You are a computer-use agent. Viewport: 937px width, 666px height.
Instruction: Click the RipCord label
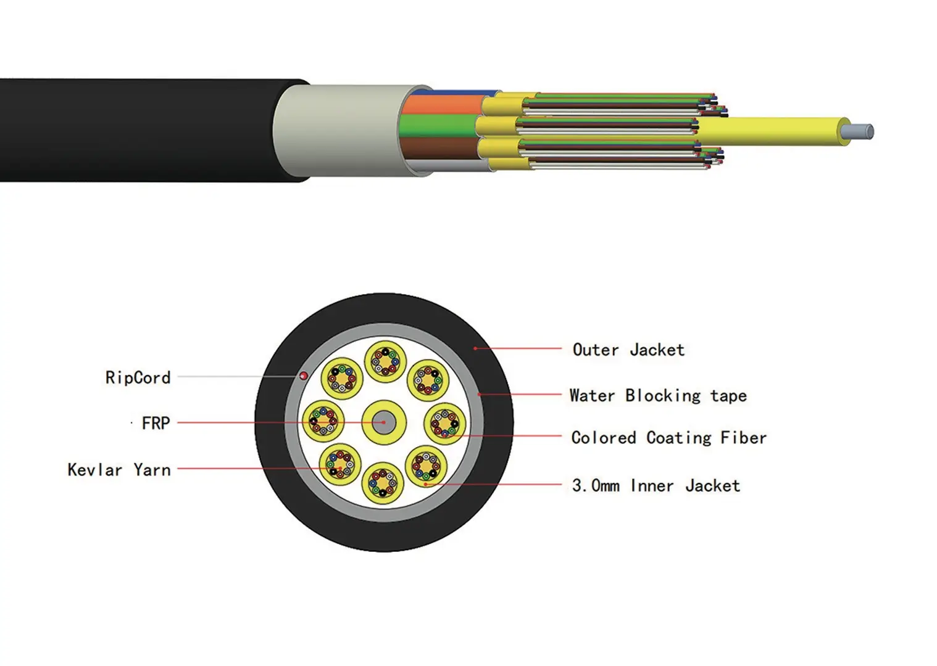pos(138,377)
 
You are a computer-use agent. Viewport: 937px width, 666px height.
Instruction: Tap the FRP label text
pos(156,423)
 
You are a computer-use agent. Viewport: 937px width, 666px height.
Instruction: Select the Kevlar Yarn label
pos(119,470)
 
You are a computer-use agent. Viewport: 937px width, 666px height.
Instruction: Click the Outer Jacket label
pos(628,350)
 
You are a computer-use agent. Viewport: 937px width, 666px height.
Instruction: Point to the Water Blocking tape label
pos(657,395)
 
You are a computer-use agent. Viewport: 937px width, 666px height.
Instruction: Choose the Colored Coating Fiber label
pos(668,438)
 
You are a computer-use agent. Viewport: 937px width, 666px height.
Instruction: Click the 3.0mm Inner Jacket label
pos(656,486)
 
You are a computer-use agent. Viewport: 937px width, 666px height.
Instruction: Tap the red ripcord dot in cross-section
pos(304,376)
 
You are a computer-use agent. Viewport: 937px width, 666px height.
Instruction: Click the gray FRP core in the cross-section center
pos(383,422)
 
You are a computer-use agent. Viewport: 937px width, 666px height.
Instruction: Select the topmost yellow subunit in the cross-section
pos(385,361)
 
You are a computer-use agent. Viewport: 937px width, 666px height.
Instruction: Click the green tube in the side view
pos(438,126)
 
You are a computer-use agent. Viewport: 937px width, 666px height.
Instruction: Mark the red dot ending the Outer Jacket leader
pos(475,348)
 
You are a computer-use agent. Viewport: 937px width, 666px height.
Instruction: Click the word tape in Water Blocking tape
pos(728,396)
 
